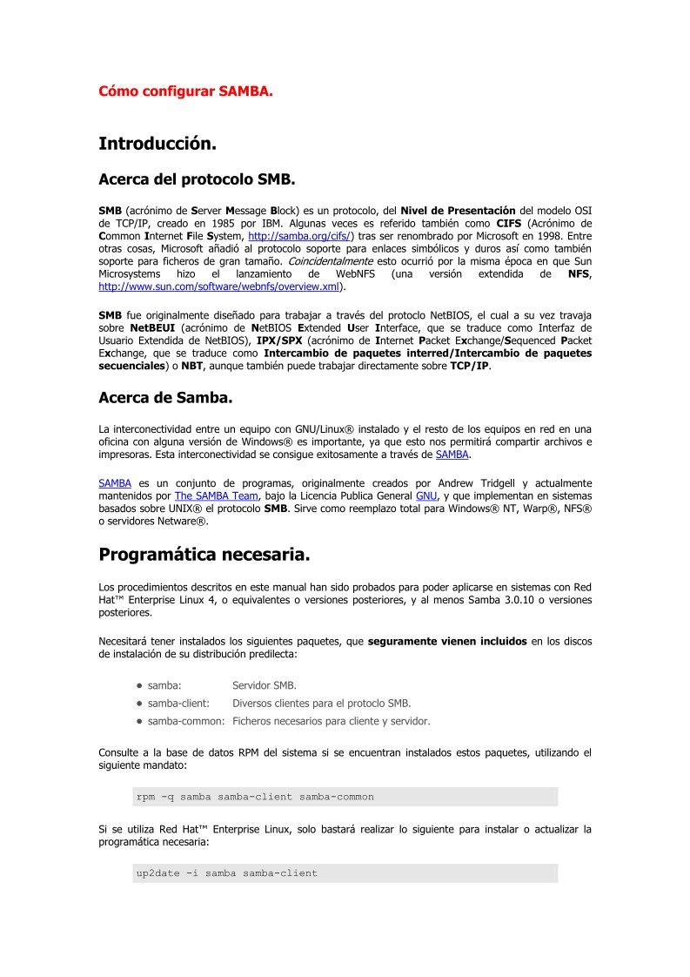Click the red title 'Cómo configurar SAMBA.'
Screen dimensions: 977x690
coord(185,90)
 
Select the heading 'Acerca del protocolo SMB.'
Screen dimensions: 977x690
coord(198,180)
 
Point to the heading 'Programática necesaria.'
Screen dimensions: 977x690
coord(204,554)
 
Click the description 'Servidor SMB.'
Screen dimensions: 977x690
coord(265,685)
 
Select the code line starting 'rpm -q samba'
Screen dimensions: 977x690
coord(255,796)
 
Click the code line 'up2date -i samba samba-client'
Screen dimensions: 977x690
coord(227,873)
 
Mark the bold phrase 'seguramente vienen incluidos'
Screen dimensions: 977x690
coord(447,642)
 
